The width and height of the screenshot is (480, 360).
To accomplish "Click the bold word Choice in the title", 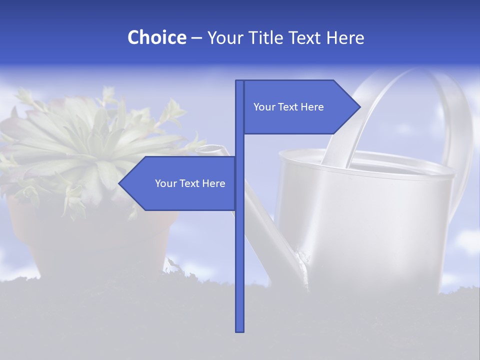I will coord(156,37).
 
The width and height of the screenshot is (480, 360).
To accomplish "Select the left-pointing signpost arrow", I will coord(180,183).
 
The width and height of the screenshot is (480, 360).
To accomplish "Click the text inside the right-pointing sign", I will coord(288,107).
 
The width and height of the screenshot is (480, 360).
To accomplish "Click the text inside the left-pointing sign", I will coord(190,183).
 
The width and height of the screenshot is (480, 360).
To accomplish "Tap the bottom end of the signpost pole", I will coord(240,330).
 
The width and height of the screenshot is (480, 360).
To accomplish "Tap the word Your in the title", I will coord(223,37).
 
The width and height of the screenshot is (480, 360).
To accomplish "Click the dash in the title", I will coord(196,38).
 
